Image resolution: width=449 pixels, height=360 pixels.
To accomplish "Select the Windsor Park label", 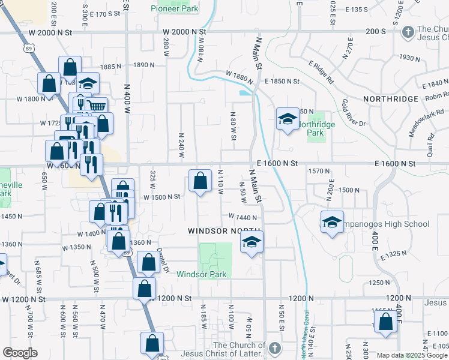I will [201, 274].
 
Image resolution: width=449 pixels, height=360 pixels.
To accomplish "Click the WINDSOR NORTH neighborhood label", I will [224, 230].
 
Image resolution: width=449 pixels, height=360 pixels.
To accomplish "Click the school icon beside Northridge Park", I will [287, 119].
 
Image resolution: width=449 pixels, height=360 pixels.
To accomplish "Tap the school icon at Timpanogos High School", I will [332, 222].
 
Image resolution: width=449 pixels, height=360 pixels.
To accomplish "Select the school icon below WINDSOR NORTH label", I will [252, 242].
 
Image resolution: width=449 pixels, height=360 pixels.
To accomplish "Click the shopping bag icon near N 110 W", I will [200, 181].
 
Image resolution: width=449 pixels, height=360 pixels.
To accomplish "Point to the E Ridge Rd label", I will [321, 71].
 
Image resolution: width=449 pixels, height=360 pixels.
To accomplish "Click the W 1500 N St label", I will [161, 197].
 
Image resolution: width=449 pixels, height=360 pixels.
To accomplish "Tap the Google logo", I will [20, 353].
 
